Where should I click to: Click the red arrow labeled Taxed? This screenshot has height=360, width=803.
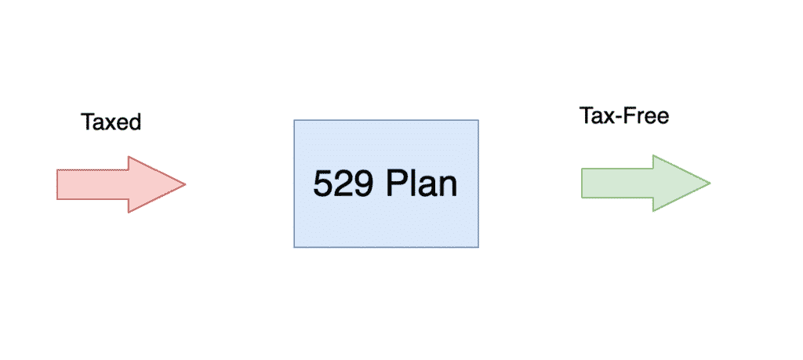(x=121, y=184)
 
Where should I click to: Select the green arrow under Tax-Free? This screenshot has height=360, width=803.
(x=646, y=184)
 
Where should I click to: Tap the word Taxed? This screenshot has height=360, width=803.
(x=111, y=122)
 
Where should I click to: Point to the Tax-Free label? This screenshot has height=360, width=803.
(x=623, y=116)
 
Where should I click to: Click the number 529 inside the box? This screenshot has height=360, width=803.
(x=343, y=184)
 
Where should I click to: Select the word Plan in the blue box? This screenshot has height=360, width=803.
(x=421, y=184)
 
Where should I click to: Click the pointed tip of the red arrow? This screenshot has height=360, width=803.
(x=185, y=184)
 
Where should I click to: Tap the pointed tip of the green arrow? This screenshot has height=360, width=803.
(x=710, y=184)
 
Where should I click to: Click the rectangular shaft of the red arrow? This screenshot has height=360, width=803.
(x=93, y=184)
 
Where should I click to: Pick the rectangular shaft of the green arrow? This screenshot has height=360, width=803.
(x=617, y=184)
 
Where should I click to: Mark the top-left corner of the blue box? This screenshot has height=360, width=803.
(x=294, y=120)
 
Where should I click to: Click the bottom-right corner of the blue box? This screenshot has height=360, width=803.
(x=478, y=247)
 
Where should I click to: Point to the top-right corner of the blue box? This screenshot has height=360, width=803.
(x=478, y=120)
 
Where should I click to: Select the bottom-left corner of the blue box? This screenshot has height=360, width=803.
(x=294, y=247)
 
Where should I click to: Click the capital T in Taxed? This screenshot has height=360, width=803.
(x=87, y=122)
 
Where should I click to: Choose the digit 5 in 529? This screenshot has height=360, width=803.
(x=322, y=184)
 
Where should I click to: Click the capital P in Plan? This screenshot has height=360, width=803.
(x=396, y=184)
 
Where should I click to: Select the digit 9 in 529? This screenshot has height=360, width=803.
(x=364, y=184)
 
